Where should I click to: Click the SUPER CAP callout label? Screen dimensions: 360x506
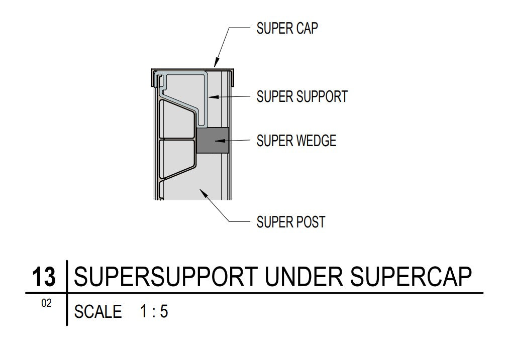tap(287, 28)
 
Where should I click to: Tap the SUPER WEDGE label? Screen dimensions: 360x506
tap(296, 141)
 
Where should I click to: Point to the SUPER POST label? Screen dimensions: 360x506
tap(290, 221)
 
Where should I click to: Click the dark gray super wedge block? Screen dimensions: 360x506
tap(213, 140)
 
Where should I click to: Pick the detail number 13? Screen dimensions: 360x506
tap(44, 277)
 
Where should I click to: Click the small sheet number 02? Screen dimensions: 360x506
tap(46, 304)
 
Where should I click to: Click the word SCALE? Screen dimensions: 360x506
tap(98, 312)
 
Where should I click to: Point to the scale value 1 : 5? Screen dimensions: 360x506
tap(154, 312)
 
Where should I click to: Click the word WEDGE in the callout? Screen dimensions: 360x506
tap(315, 141)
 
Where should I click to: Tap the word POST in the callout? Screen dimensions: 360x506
tap(310, 221)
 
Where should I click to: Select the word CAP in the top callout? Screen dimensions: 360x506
tap(307, 28)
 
